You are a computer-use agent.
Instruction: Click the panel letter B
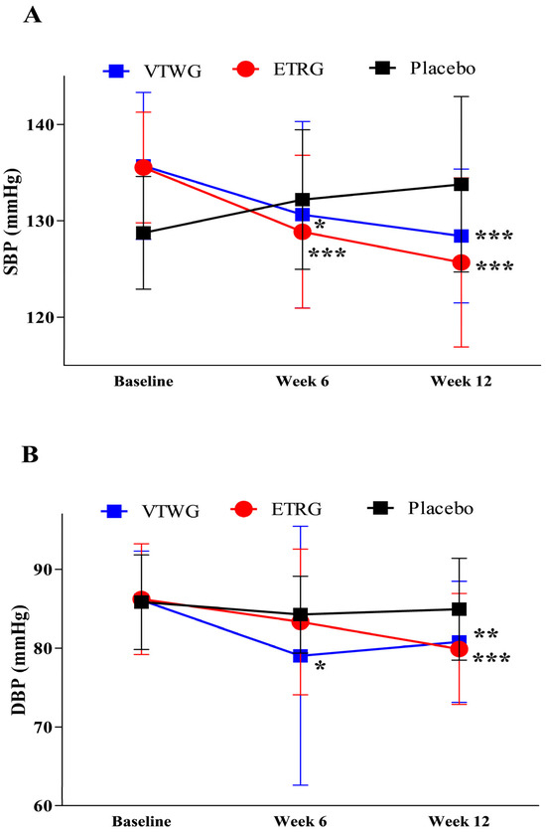(x=30, y=454)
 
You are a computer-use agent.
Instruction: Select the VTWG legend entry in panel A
(x=153, y=71)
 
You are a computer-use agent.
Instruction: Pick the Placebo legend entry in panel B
(x=420, y=508)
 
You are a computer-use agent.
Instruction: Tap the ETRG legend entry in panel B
(x=276, y=510)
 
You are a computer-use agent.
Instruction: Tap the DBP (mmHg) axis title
(x=19, y=659)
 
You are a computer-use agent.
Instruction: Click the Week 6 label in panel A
(x=302, y=382)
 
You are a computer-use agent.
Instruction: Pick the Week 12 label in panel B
(x=459, y=821)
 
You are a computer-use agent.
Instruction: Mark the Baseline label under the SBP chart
(x=143, y=382)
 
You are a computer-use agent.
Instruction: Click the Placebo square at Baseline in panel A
(x=143, y=233)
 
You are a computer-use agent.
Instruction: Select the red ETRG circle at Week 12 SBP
(x=461, y=262)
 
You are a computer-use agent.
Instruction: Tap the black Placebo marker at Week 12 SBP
(x=461, y=184)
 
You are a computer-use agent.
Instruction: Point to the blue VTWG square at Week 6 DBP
(x=301, y=656)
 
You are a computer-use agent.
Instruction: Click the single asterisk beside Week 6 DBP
(x=320, y=666)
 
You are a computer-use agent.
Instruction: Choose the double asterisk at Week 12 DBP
(x=485, y=633)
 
